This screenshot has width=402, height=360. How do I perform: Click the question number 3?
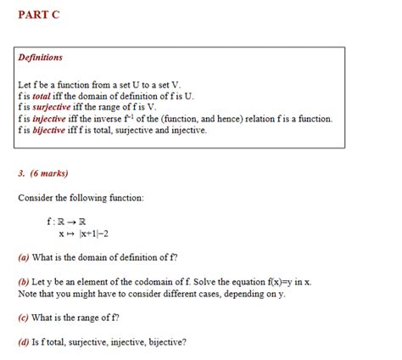tap(20, 173)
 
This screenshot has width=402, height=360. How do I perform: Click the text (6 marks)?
tap(48, 173)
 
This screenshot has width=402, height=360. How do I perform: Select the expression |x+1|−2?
tap(95, 233)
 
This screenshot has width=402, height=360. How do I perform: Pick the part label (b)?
tap(24, 281)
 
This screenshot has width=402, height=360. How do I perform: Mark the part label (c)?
tap(24, 318)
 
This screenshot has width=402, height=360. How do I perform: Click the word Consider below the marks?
tap(36, 197)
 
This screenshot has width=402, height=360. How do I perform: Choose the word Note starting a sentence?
tap(26, 293)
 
